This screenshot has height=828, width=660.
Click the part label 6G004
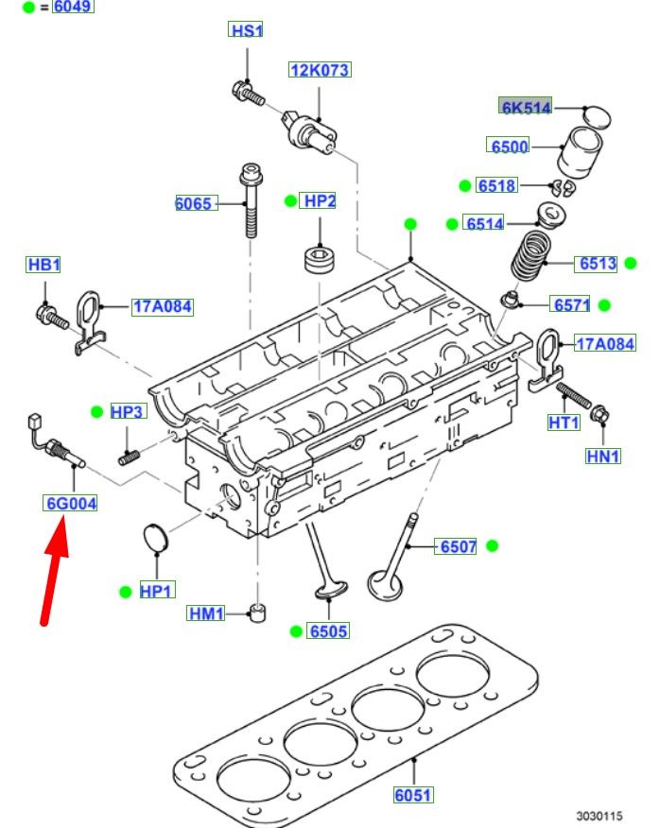pyautogui.click(x=72, y=504)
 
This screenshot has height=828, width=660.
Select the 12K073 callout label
pyautogui.click(x=320, y=70)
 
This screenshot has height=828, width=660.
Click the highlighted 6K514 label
pyautogui.click(x=526, y=108)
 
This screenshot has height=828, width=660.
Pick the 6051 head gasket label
pyautogui.click(x=413, y=796)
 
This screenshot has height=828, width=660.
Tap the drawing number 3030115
pyautogui.click(x=600, y=814)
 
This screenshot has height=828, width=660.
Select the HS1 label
pyautogui.click(x=247, y=31)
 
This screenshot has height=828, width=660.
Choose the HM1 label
pyautogui.click(x=206, y=614)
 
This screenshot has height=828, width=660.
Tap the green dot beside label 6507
pyautogui.click(x=492, y=545)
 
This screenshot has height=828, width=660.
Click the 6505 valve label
pyautogui.click(x=328, y=631)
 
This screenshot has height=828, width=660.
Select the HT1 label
pyautogui.click(x=564, y=423)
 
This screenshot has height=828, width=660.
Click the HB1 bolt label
pyautogui.click(x=43, y=265)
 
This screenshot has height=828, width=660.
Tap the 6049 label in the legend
pyautogui.click(x=73, y=7)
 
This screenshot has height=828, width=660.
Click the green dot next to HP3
pyautogui.click(x=96, y=411)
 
